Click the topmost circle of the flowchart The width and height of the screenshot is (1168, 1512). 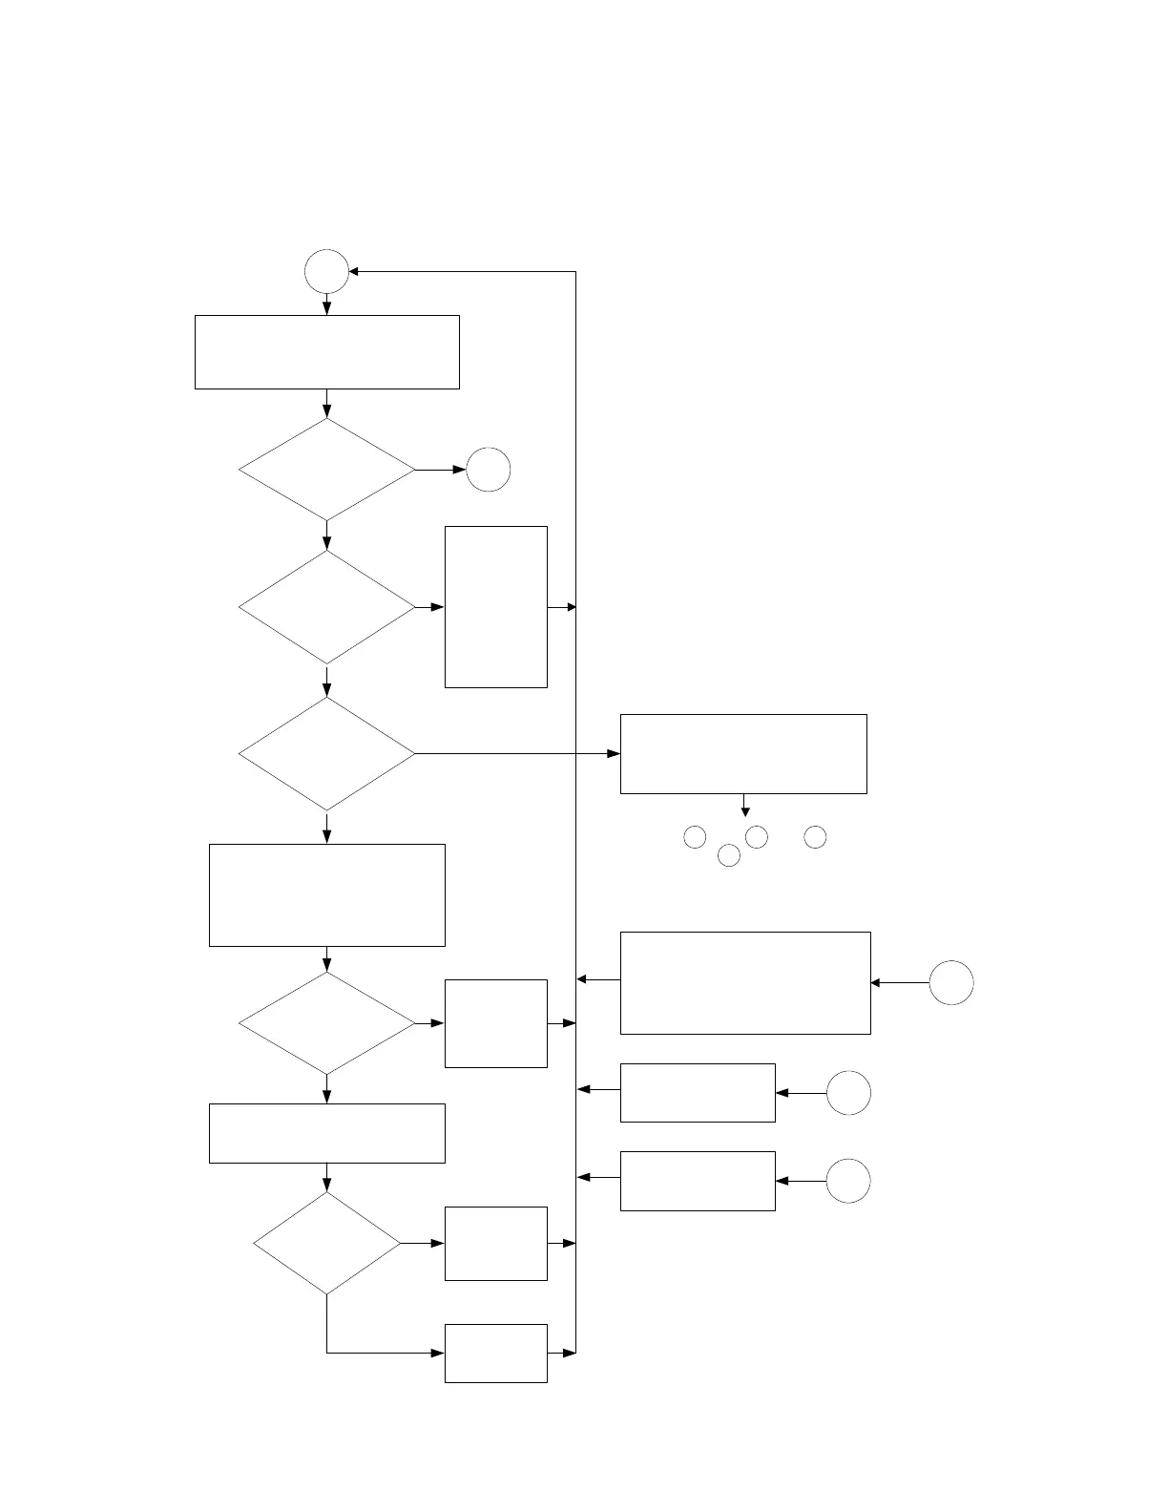pyautogui.click(x=326, y=271)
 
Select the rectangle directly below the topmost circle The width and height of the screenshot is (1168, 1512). pyautogui.click(x=326, y=351)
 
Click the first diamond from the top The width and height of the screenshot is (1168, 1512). pyautogui.click(x=326, y=470)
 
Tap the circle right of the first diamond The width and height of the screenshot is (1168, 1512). pyautogui.click(x=488, y=470)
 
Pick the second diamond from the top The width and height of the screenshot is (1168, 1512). pyautogui.click(x=326, y=607)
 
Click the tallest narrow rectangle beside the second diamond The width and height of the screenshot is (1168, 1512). pyautogui.click(x=495, y=606)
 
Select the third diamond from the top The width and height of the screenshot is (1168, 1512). pyautogui.click(x=326, y=754)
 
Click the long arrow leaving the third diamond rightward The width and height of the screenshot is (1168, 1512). pyautogui.click(x=515, y=754)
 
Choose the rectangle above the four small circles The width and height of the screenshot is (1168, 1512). pyautogui.click(x=743, y=753)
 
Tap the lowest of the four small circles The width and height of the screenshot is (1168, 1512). pyautogui.click(x=728, y=855)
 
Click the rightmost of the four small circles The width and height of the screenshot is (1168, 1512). pyautogui.click(x=814, y=837)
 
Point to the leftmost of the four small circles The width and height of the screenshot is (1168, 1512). pyautogui.click(x=695, y=837)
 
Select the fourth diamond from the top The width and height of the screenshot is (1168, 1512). pyautogui.click(x=326, y=1023)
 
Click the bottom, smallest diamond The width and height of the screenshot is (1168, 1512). pyautogui.click(x=326, y=1243)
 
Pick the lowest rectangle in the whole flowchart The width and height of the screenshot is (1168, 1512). pyautogui.click(x=495, y=1353)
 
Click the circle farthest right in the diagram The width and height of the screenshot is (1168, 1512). pyautogui.click(x=950, y=982)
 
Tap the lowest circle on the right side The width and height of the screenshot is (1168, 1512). pyautogui.click(x=847, y=1181)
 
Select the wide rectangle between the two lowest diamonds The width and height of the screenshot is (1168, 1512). pyautogui.click(x=326, y=1133)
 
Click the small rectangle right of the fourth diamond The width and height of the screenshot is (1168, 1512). pyautogui.click(x=495, y=1023)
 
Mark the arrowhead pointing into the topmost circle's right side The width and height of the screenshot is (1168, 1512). pyautogui.click(x=354, y=271)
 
